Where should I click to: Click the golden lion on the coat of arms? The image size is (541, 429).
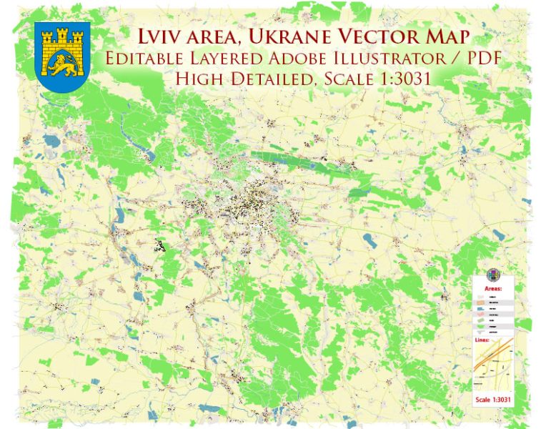[x=62, y=65]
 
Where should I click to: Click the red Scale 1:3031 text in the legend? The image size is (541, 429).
[x=493, y=399]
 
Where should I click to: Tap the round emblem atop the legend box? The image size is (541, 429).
[x=493, y=275]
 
